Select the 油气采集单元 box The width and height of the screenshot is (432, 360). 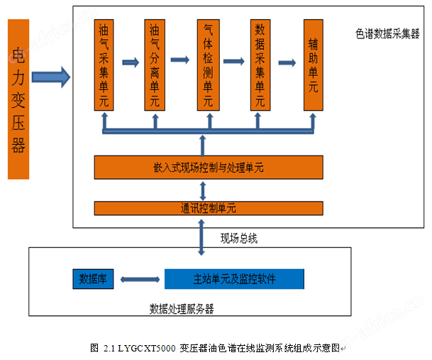104,65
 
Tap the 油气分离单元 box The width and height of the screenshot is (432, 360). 155,65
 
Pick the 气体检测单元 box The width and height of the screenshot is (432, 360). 208,65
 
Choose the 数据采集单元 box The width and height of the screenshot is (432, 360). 259,65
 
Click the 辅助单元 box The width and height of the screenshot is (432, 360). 313,65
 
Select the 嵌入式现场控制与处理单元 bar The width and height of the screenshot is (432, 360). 209,168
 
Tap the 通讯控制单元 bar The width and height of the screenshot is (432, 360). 209,209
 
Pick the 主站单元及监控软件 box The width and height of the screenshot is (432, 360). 234,278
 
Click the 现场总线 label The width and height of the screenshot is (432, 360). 238,239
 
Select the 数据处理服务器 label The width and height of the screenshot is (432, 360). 182,309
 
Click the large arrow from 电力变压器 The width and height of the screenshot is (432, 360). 50,74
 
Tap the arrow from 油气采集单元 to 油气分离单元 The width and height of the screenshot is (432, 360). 130,62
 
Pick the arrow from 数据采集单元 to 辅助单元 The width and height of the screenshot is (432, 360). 287,62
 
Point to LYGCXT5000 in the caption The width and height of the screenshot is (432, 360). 139,348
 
